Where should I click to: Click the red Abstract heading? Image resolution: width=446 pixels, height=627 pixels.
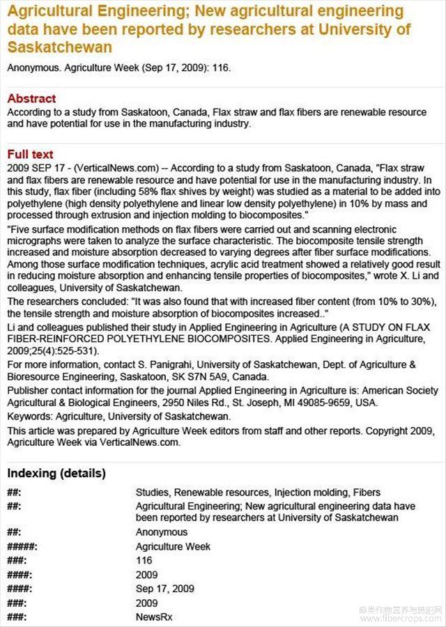pos(31,98)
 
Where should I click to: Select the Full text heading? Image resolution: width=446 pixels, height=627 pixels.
pos(30,154)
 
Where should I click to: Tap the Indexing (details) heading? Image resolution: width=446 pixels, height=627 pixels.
pos(56,473)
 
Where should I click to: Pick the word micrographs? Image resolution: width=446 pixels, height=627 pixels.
pos(34,240)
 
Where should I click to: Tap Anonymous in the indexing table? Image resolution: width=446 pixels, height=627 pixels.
pos(162,532)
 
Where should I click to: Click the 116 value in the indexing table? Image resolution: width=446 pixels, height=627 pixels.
pos(144,561)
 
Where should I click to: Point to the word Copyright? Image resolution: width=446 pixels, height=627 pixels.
pos(362,431)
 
